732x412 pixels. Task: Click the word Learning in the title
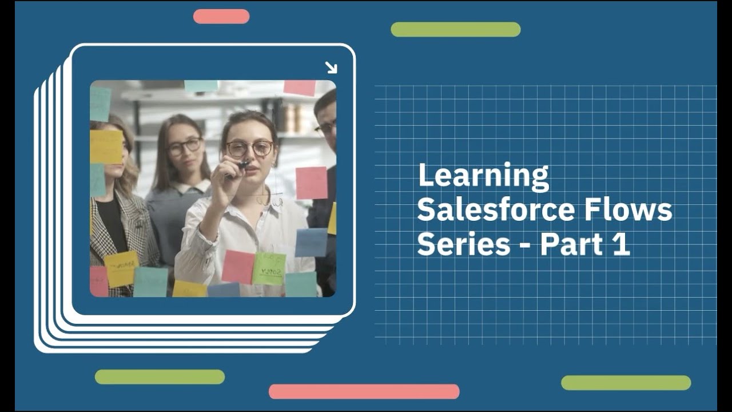483,177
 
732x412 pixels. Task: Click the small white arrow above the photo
331,68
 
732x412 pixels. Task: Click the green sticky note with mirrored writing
269,268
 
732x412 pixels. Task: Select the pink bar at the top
221,17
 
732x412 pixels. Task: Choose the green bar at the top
455,30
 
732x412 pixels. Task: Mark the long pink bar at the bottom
364,391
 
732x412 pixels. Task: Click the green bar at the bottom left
160,377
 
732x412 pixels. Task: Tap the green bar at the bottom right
626,383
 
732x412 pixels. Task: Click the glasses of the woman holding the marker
249,149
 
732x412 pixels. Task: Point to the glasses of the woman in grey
184,147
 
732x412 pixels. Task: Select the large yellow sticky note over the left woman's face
106,146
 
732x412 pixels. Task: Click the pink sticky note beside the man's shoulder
312,183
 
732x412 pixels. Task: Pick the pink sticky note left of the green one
238,267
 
